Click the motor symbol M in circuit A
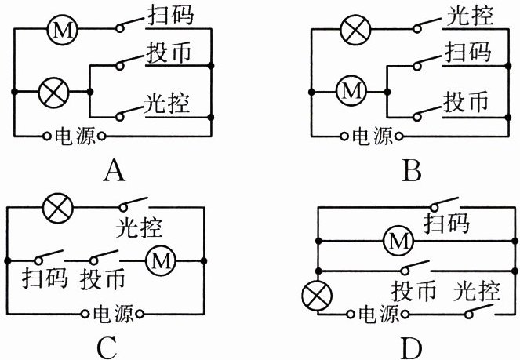click(60, 30)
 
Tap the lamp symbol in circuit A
click(53, 93)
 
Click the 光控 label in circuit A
click(167, 103)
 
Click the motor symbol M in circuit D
click(398, 243)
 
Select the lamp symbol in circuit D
click(316, 296)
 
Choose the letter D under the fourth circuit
click(413, 346)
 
